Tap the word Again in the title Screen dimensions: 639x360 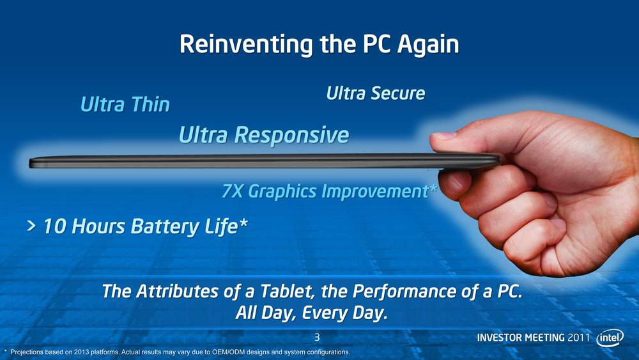428,45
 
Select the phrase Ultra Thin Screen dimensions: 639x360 125,104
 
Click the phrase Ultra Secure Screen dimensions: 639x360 376,93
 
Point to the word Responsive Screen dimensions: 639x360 292,136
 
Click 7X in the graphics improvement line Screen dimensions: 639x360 233,191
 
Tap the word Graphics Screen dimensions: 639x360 282,192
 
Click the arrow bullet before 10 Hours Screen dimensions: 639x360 31,226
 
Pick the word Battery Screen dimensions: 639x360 166,227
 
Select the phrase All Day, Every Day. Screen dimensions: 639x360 311,313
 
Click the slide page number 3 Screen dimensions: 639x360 317,337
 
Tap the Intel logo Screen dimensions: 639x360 610,338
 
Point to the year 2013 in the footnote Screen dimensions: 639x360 81,352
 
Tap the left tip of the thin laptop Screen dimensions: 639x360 30,164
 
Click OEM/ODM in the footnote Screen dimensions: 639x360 227,352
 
